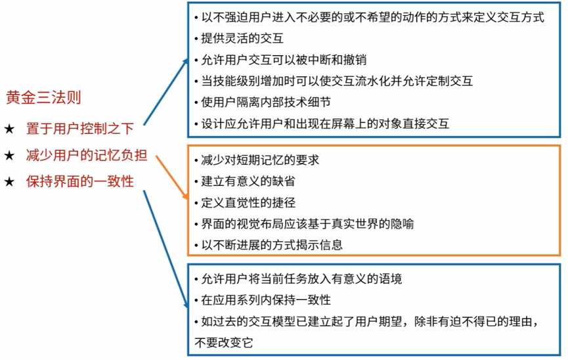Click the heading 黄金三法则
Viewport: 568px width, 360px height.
click(x=43, y=98)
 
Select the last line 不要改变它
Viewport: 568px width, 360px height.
click(x=224, y=342)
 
